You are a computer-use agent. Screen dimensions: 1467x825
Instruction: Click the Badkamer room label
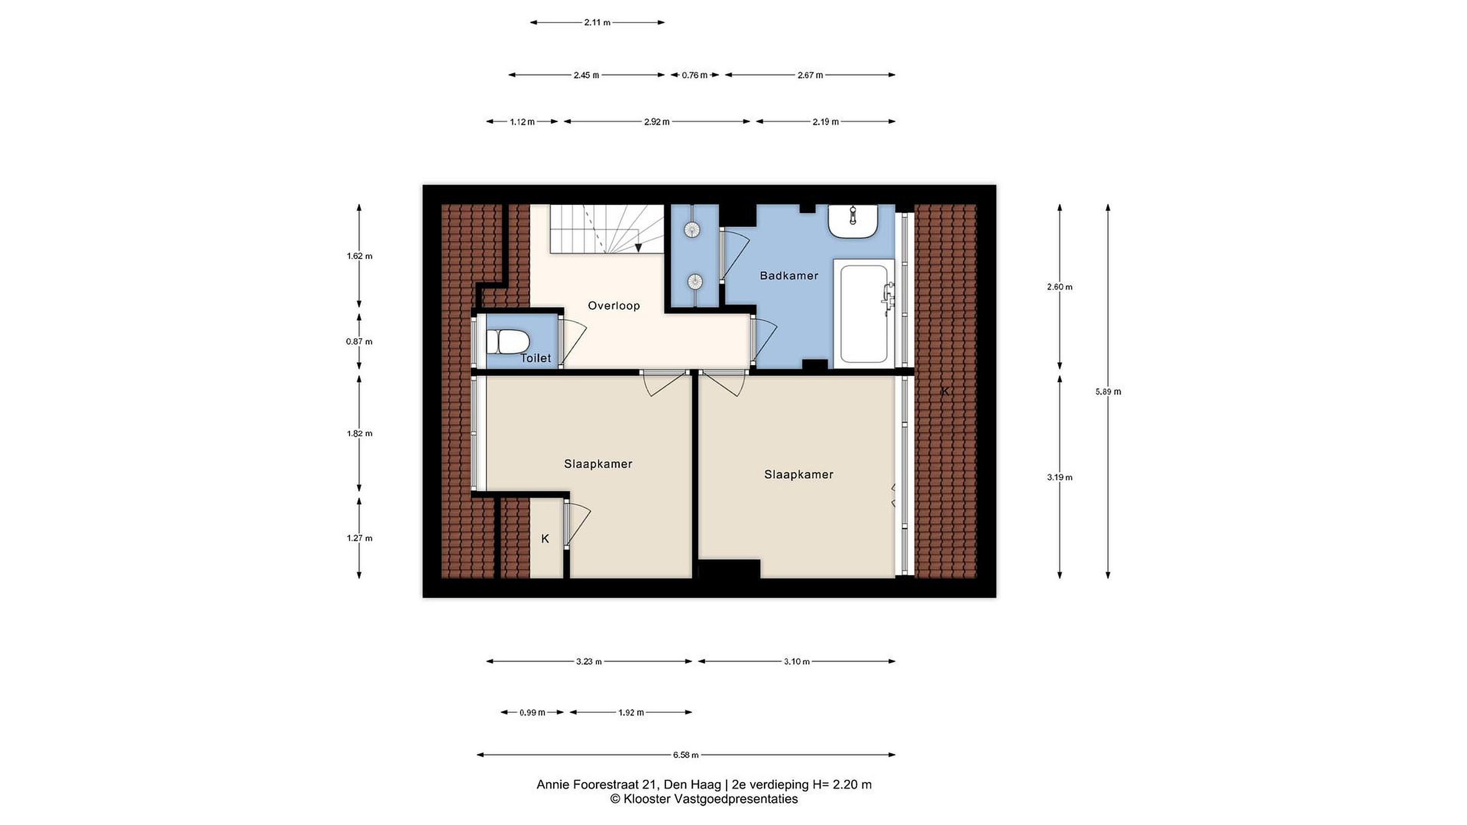click(789, 276)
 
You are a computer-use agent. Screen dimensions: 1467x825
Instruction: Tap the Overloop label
click(614, 306)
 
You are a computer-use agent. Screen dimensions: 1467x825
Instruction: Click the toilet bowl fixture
click(508, 342)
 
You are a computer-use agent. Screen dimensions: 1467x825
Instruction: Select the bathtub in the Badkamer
click(864, 312)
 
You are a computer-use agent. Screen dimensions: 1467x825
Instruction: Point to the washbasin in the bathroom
click(853, 221)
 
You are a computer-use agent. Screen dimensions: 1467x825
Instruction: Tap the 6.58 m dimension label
click(686, 755)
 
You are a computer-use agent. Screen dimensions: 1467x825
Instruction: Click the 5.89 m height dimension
click(1108, 392)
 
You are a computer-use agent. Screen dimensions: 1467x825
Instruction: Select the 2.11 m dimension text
click(597, 23)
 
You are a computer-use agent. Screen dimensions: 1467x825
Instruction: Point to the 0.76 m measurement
click(694, 75)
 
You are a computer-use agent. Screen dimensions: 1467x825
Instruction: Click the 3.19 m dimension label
click(1059, 477)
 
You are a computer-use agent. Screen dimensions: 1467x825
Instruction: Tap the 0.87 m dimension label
click(359, 342)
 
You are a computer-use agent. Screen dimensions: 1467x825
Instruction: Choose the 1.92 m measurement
click(631, 712)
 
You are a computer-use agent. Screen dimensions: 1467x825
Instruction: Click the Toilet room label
click(536, 358)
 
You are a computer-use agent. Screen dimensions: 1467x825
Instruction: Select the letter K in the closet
click(545, 539)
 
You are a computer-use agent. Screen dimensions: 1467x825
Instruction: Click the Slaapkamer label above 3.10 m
click(798, 474)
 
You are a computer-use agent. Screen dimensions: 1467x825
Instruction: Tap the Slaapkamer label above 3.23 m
click(598, 464)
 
